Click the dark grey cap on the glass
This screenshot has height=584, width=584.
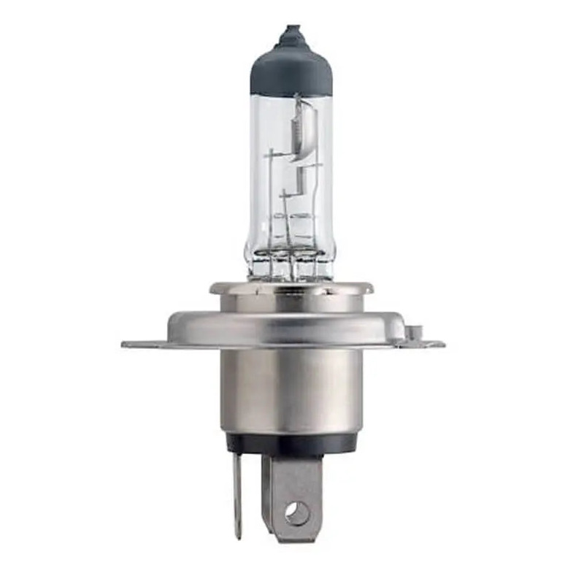tap(291, 69)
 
